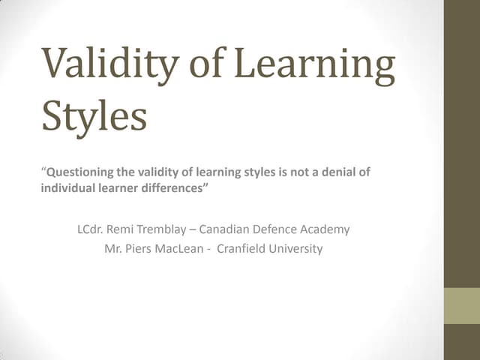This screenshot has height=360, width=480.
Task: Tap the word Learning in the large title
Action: tap(314, 66)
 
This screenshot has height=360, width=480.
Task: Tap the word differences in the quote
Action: tap(172, 188)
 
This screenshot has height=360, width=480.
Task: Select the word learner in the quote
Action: tap(115, 188)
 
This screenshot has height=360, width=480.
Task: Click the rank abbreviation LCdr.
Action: tap(91, 229)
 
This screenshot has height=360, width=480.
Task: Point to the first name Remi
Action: tap(124, 229)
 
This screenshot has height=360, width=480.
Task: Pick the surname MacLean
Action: tap(180, 249)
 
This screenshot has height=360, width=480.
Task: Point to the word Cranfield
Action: tap(242, 249)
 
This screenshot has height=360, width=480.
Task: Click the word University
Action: tap(296, 249)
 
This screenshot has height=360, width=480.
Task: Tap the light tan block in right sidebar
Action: tap(462, 306)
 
